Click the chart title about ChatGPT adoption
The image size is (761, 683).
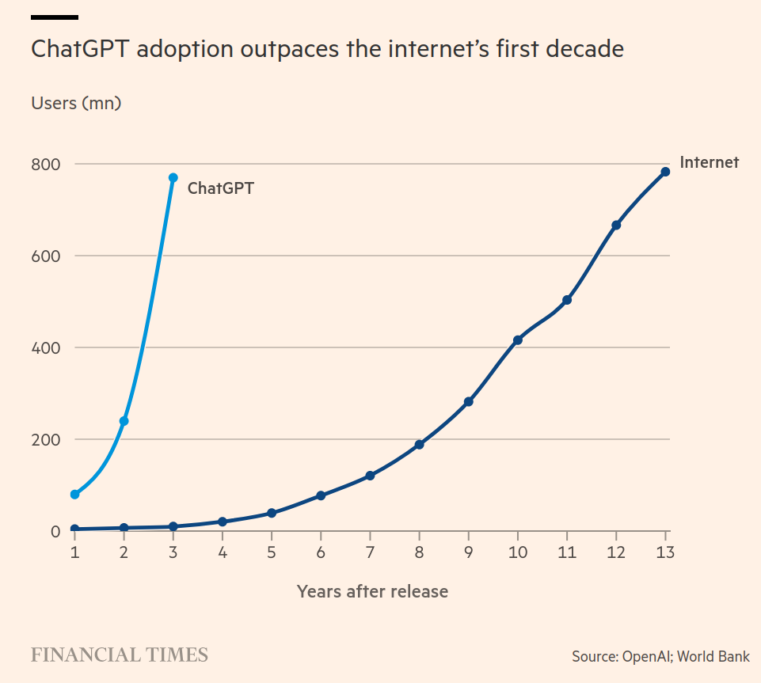327,49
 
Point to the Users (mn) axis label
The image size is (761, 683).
76,103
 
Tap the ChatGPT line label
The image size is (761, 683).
220,188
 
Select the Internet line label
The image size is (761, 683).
709,162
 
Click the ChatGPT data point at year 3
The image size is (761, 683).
173,178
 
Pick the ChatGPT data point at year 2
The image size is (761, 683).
124,421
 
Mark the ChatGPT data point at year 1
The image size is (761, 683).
74,495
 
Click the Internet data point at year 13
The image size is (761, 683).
665,172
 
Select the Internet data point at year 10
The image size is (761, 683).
518,340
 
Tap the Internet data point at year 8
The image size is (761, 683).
420,445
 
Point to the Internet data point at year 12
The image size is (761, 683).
616,226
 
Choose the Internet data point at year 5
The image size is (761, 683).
272,513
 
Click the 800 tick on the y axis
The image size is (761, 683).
46,165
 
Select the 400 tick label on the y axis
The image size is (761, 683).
46,348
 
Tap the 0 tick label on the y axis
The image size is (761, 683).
55,532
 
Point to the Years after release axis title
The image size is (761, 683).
372,591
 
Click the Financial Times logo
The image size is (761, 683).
120,655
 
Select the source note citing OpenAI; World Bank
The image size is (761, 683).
660,657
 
